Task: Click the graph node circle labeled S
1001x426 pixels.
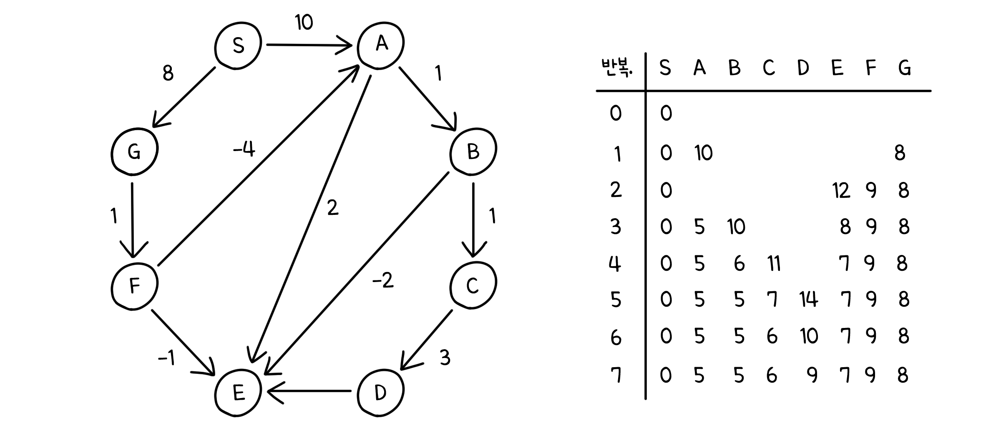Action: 238,45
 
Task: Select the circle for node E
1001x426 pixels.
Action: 238,392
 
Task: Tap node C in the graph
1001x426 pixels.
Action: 473,286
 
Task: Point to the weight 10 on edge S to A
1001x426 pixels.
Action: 304,23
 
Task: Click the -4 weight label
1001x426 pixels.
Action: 244,149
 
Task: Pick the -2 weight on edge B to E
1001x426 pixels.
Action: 383,281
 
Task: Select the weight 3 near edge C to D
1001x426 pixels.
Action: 445,358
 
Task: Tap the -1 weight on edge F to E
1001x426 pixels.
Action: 166,358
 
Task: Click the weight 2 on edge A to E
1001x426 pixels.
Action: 332,207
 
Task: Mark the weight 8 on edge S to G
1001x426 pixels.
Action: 168,73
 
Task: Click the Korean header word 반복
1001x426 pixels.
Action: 617,68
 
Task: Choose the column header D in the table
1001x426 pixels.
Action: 803,68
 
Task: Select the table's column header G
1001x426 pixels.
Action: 904,68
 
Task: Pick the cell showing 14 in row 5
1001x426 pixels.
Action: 808,300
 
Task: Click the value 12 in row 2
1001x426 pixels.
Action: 840,191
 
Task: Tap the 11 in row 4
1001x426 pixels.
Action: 774,263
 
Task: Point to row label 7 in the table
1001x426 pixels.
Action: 616,375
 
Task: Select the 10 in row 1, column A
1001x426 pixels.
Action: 704,153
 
